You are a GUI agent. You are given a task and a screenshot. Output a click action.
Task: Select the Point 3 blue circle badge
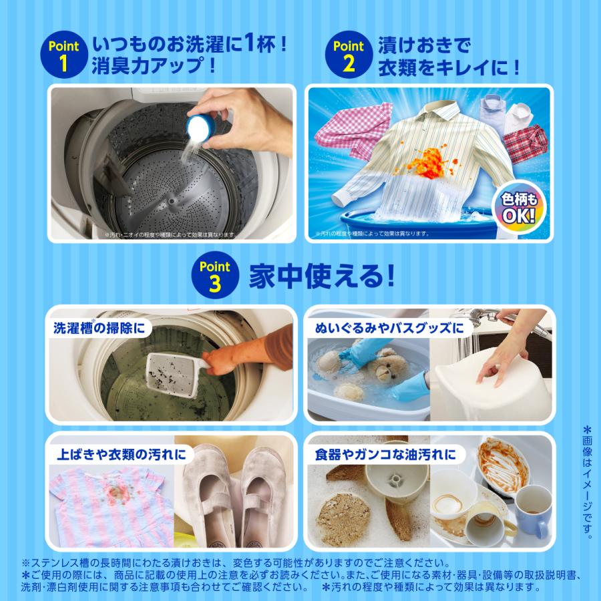213,275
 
